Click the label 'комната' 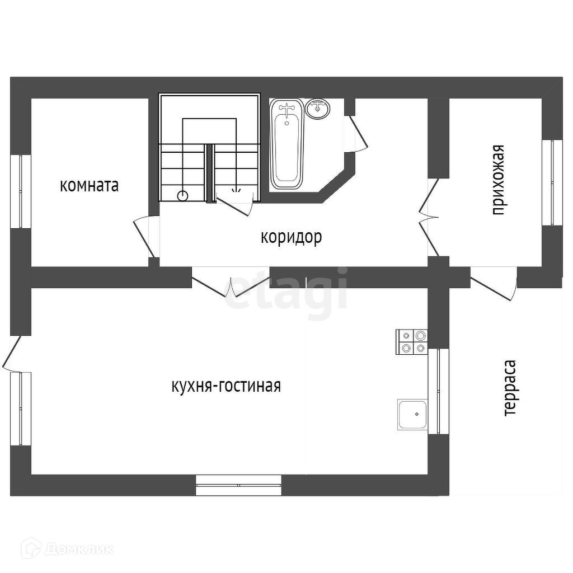click(x=90, y=185)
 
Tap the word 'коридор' click(x=291, y=237)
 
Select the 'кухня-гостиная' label click(x=226, y=386)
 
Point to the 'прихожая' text click(x=497, y=180)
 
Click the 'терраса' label click(x=509, y=388)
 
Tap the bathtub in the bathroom click(x=287, y=144)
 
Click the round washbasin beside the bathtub click(x=319, y=108)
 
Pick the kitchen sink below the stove click(x=412, y=414)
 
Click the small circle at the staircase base click(x=182, y=195)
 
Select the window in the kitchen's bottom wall click(x=238, y=485)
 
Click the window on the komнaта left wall click(x=21, y=191)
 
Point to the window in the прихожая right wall click(x=552, y=182)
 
